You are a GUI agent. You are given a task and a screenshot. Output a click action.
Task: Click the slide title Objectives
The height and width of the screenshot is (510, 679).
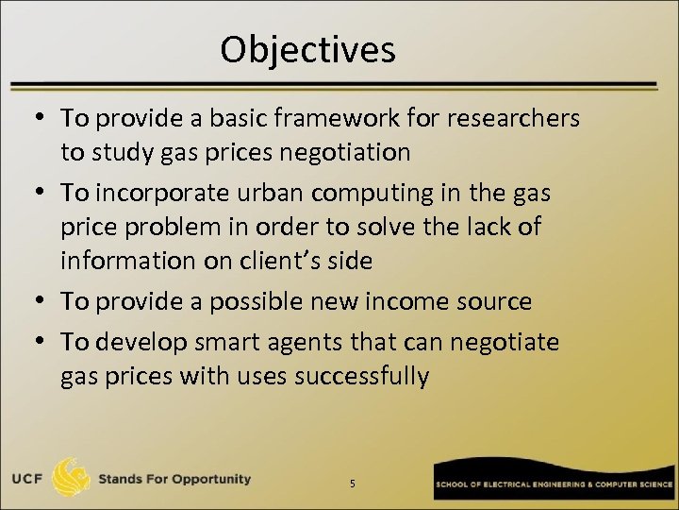coord(307,49)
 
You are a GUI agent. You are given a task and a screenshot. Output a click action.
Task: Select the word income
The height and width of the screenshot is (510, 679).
coord(408,302)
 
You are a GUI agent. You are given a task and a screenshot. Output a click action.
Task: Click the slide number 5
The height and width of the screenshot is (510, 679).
coord(352,484)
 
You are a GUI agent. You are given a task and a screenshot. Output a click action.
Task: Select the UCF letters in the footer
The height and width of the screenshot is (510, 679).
coord(31,479)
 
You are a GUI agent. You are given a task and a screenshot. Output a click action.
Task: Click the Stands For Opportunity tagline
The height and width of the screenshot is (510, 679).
coord(175,479)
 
